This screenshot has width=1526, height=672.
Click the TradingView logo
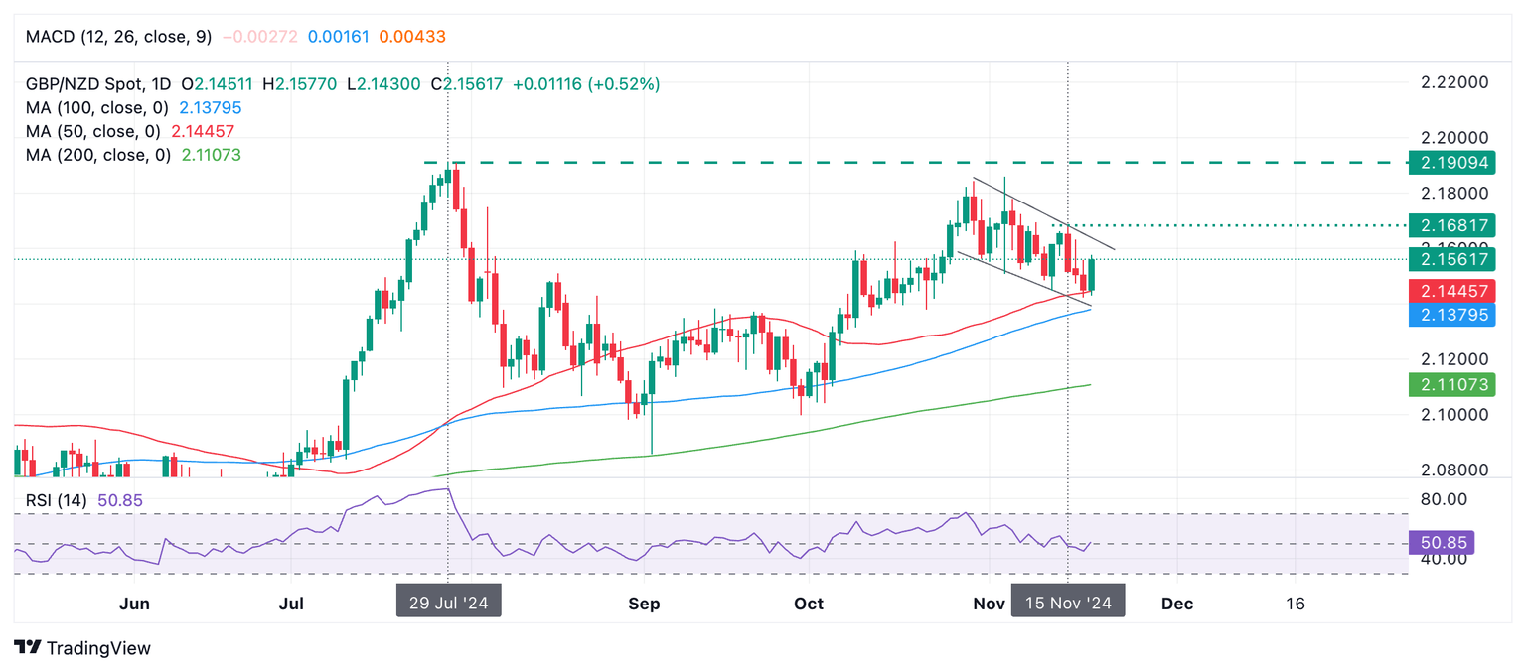[x=82, y=648]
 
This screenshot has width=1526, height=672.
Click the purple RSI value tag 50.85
[x=1441, y=543]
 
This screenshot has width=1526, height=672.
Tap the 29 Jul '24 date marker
[x=448, y=602]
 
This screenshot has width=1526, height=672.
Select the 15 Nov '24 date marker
[x=1068, y=602]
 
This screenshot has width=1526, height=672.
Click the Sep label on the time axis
[x=645, y=603]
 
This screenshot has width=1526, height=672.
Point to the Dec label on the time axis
[x=1177, y=603]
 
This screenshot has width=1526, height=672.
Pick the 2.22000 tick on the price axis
[x=1453, y=82]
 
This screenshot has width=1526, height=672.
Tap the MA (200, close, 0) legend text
[x=98, y=155]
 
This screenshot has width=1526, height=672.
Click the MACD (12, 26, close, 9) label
[x=118, y=37]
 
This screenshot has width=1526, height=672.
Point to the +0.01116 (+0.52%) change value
[x=586, y=84]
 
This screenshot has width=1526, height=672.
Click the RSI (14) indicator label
[x=58, y=500]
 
